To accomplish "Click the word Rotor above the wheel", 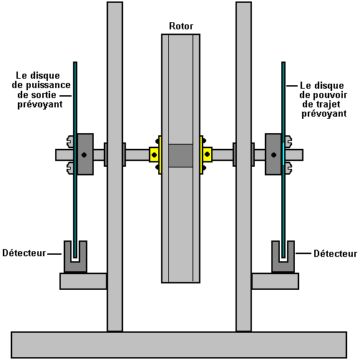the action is point(181,26).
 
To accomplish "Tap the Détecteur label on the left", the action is point(24,253).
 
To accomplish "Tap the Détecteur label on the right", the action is point(335,253).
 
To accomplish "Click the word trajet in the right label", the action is point(328,104).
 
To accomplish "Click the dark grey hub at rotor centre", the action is point(180,155).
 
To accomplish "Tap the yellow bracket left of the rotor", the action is point(156,155).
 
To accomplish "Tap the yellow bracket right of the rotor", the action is point(205,155).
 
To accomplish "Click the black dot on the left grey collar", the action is point(84,155).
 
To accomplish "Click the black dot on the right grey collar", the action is point(273,155).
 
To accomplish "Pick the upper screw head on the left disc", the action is point(70,141).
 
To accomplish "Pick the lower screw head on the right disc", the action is point(288,168).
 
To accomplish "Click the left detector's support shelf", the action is point(83,281).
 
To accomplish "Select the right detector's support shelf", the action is point(276,281).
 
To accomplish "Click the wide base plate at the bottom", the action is point(179,345).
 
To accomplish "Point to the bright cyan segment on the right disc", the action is point(283,154).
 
